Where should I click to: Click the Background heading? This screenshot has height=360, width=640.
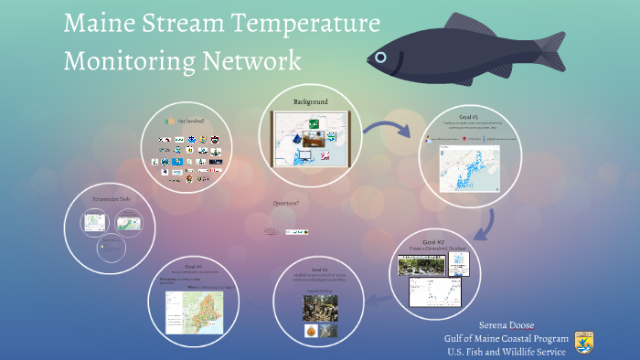(x=310, y=101)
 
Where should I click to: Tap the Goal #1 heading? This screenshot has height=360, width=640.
(x=468, y=118)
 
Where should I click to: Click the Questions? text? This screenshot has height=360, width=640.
(x=285, y=203)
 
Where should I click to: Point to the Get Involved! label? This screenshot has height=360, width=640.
(x=190, y=121)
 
